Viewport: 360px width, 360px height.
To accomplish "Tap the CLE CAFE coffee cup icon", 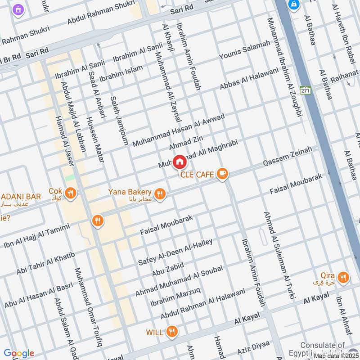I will point(222,174).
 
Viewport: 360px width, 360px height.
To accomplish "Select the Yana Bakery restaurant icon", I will point(159,194).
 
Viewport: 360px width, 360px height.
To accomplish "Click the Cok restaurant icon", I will point(70,193).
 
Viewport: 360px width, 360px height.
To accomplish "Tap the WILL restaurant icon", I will point(171,333).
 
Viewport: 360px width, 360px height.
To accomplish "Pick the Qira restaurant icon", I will point(343,278).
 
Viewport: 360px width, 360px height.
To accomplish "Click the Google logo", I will point(18,353).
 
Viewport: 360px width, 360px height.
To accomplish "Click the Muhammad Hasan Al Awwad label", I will point(178,130).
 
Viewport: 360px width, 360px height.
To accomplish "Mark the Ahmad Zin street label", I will point(183,144).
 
